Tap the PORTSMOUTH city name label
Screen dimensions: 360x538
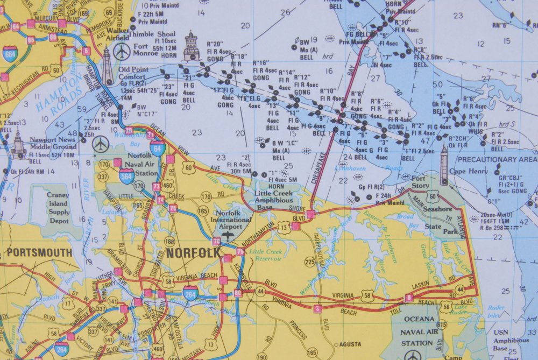(39, 252)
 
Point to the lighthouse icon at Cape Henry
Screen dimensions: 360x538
(444, 165)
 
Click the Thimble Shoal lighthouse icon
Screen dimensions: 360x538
(191, 46)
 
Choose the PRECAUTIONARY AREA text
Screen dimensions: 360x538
(497, 159)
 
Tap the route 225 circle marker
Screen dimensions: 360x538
(309, 262)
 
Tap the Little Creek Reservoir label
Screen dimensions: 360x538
(266, 255)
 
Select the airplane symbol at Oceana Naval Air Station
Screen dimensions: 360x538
(413, 355)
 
